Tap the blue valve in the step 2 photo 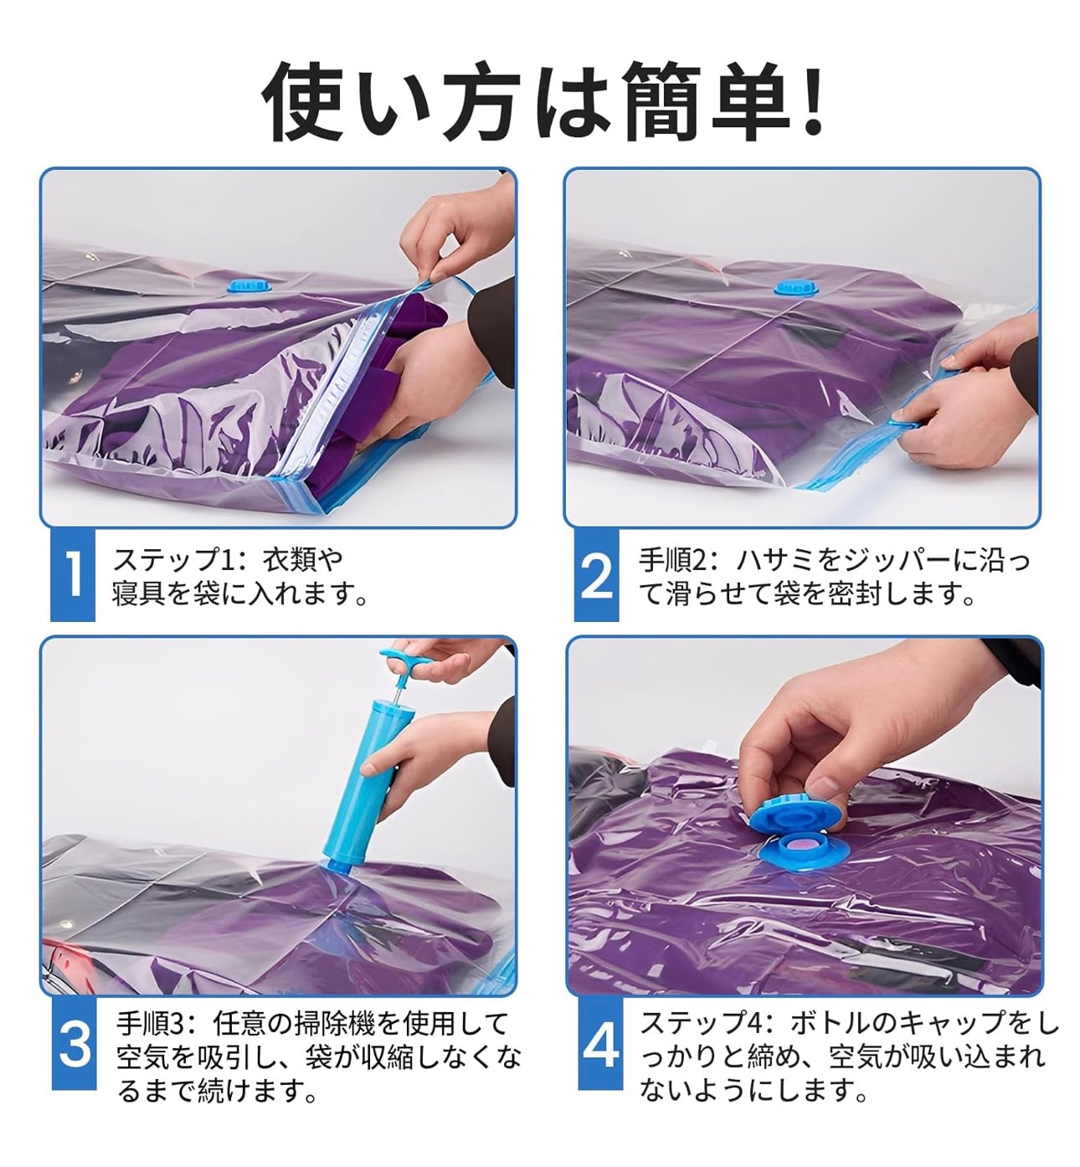point(795,287)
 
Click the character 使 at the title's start point(303,101)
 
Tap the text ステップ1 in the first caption point(175,560)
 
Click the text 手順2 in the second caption point(672,560)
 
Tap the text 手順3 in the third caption point(151,1024)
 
